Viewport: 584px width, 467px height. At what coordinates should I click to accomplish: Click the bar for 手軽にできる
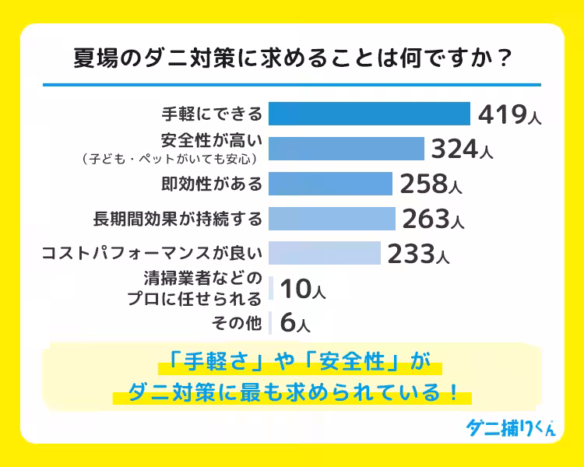tap(369, 114)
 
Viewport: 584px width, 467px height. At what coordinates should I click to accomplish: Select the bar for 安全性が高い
tap(346, 149)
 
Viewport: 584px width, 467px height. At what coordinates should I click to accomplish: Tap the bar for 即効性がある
tap(330, 184)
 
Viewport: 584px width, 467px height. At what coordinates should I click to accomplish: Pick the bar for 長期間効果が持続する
tap(332, 219)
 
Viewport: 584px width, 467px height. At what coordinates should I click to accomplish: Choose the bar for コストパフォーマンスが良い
tap(324, 254)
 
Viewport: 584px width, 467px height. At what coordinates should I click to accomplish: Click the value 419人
tap(508, 114)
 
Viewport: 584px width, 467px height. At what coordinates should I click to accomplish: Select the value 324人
tap(462, 149)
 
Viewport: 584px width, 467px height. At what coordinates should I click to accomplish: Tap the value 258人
tap(431, 184)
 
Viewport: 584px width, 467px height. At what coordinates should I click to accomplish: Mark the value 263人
tap(433, 219)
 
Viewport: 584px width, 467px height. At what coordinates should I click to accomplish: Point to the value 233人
tap(417, 255)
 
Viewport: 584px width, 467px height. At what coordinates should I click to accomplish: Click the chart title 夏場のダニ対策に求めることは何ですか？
tap(292, 60)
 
